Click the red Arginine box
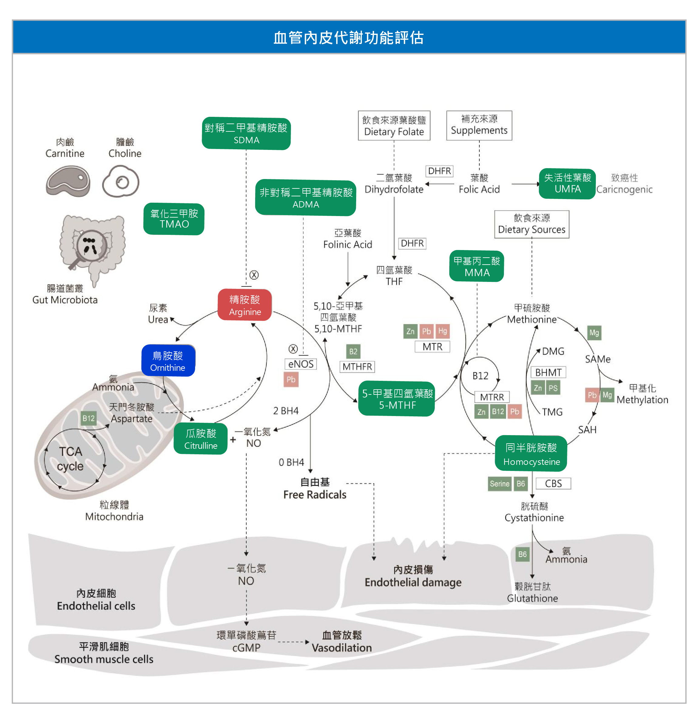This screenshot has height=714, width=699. (245, 305)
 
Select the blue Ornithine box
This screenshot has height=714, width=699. (168, 360)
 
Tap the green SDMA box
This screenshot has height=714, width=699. (246, 134)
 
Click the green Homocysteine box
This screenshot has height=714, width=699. (531, 454)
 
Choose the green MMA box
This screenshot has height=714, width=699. (477, 266)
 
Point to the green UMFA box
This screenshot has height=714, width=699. (567, 184)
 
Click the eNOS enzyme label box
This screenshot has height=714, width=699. (301, 364)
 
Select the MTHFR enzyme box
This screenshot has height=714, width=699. (357, 366)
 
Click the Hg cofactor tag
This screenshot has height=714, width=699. (442, 331)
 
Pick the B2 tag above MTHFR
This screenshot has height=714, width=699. (353, 351)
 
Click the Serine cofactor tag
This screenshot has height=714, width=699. (499, 483)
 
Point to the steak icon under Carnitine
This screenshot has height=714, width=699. (68, 181)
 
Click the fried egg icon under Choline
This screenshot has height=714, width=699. (121, 181)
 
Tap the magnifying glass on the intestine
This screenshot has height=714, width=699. (91, 245)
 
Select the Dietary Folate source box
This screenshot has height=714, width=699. (394, 126)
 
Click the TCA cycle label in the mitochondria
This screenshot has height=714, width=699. (70, 459)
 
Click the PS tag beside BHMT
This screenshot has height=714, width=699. (552, 388)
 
